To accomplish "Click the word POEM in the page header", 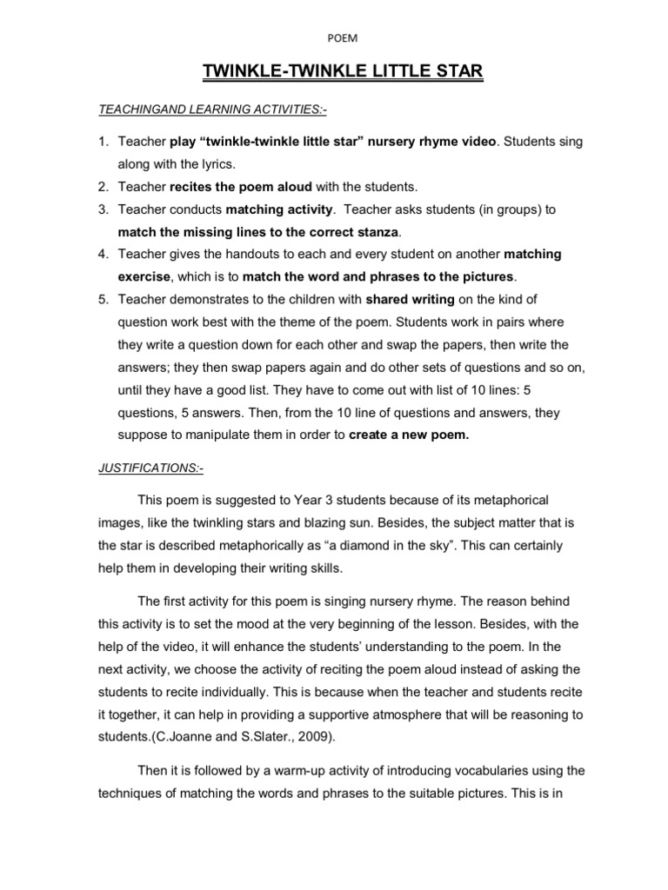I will coord(334,37).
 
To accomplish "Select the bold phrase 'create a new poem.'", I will coord(409,435).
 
